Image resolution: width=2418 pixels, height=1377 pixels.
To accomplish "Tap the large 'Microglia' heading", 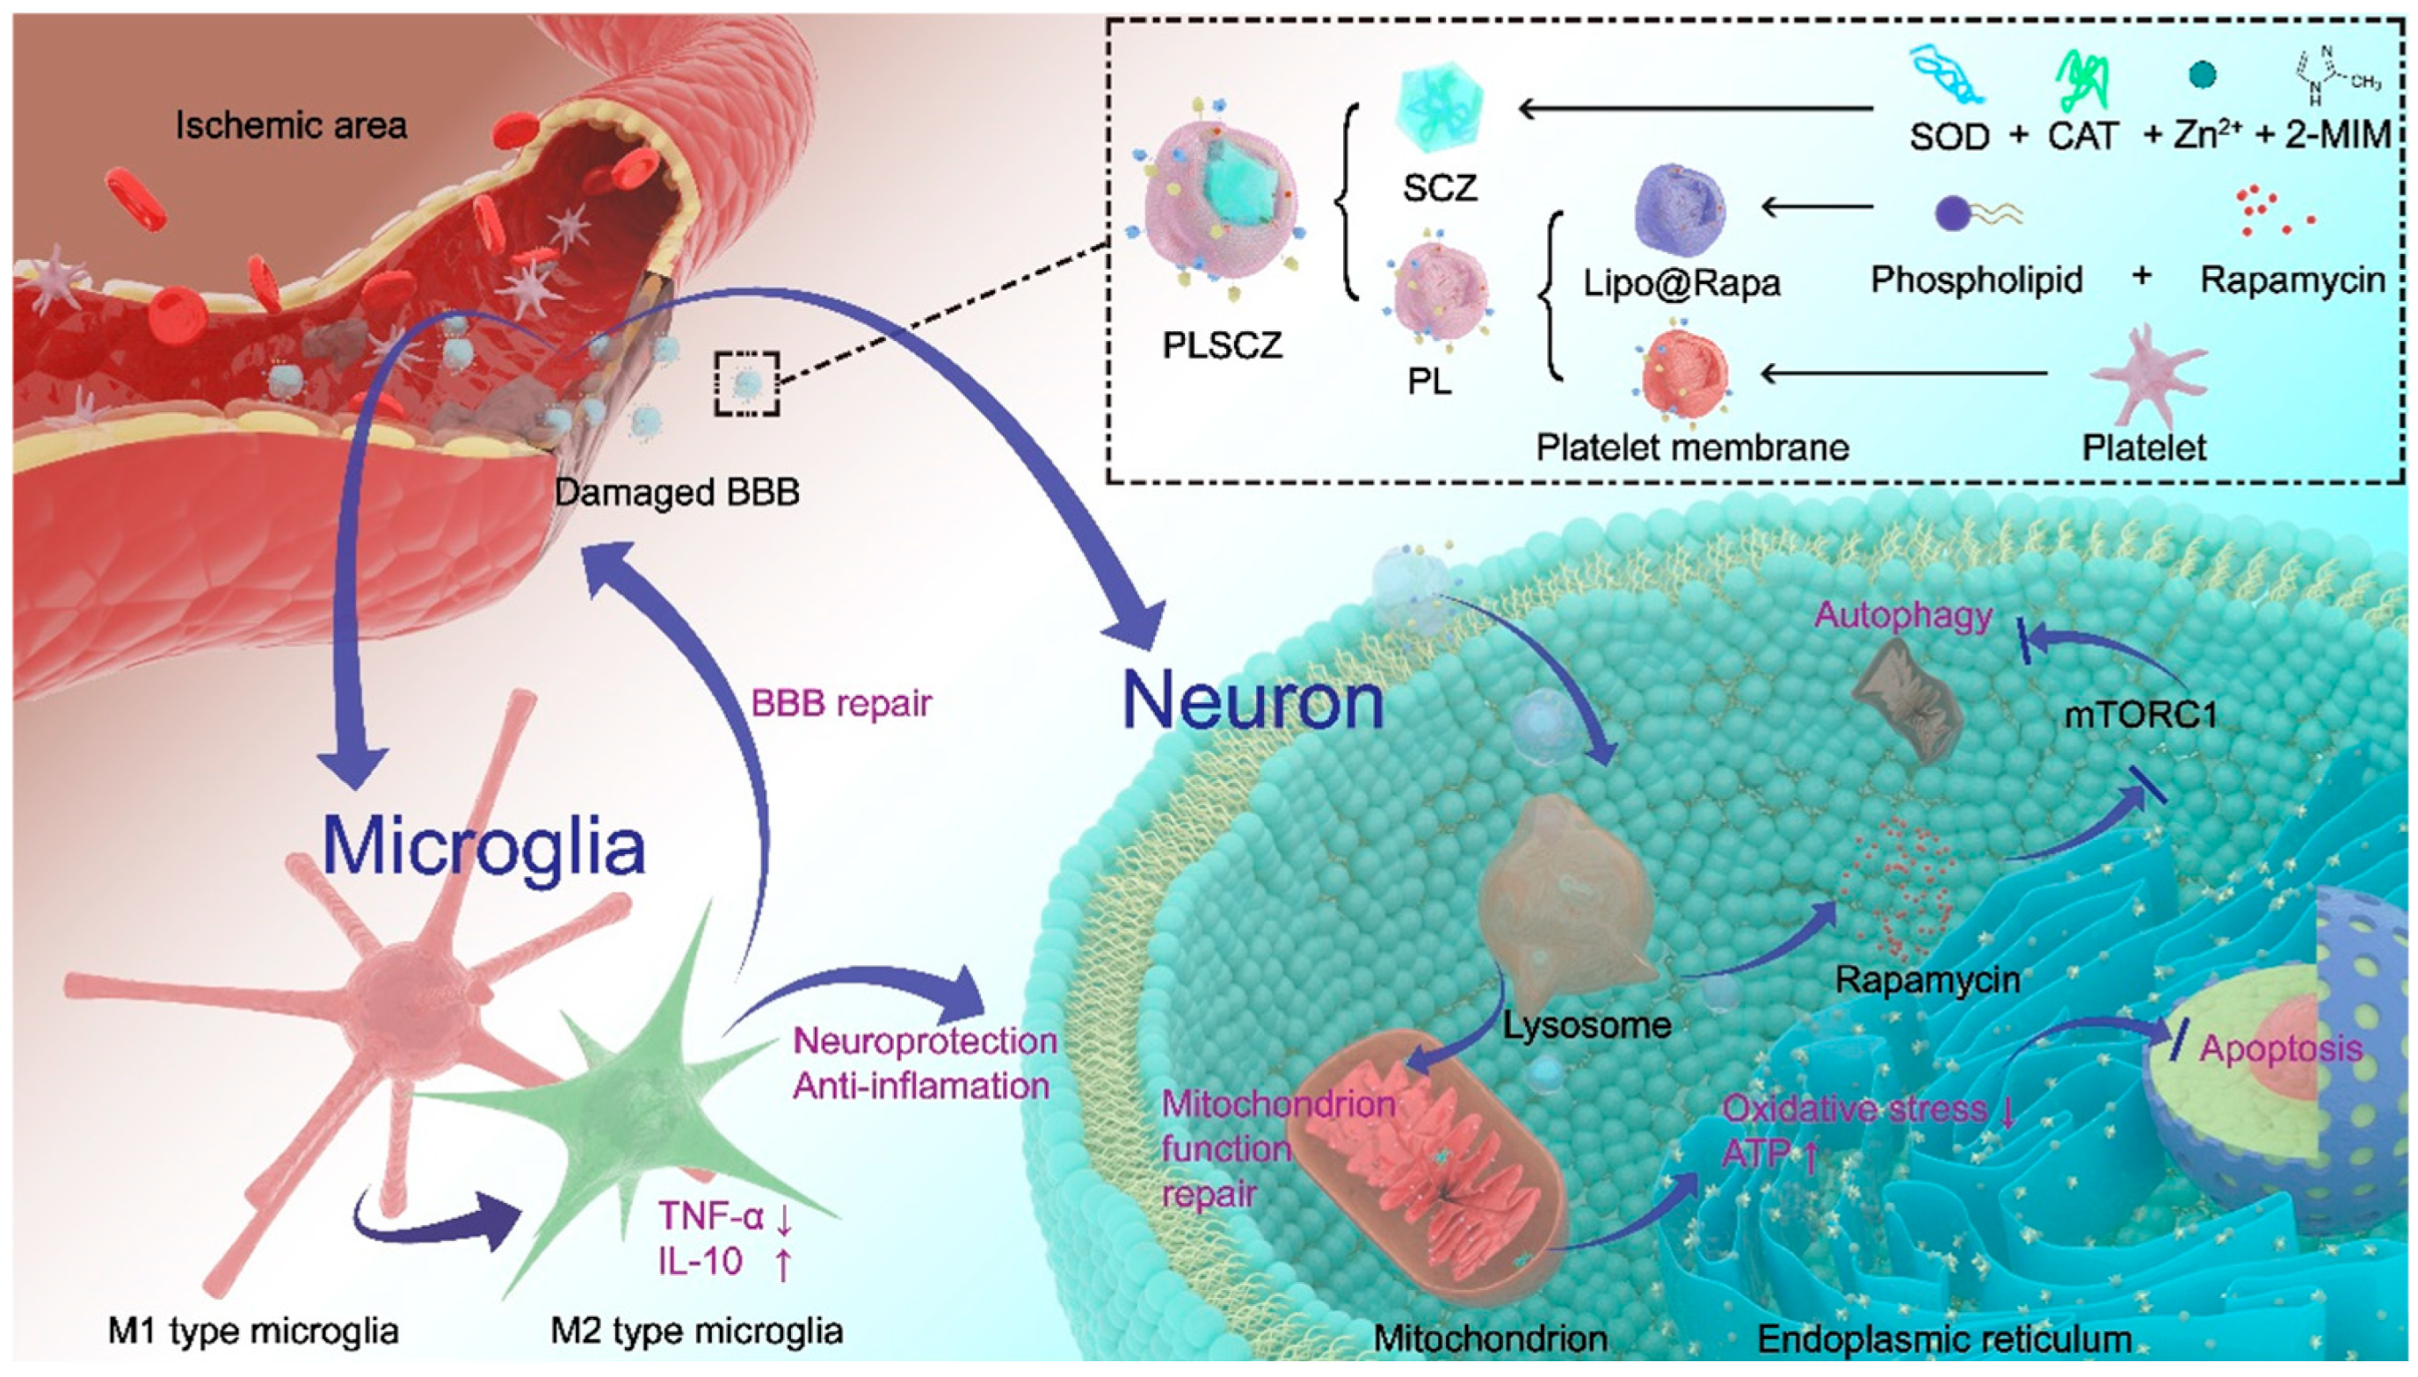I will (x=483, y=844).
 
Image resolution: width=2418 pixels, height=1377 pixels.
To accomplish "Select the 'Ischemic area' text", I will (x=290, y=125).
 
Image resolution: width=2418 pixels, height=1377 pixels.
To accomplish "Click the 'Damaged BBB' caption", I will (x=676, y=492).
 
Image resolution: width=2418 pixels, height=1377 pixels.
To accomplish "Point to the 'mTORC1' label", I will (x=2139, y=714).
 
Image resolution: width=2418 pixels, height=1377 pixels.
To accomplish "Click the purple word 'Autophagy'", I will (x=1903, y=616).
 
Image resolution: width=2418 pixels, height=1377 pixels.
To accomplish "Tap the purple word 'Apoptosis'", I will (x=2281, y=1047).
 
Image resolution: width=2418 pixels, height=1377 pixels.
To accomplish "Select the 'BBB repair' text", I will (x=840, y=703).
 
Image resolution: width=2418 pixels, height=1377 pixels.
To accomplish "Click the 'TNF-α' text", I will (x=711, y=1216).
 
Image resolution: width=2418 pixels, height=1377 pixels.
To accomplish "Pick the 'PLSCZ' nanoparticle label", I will (x=1222, y=345).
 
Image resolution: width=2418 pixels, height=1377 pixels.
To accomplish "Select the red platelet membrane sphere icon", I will (x=1684, y=377).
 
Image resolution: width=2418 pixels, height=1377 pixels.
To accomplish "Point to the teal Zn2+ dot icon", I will (x=2203, y=74).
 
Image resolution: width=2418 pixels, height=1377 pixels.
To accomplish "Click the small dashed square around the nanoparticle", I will (x=747, y=383).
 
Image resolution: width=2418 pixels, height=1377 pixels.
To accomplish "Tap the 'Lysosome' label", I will (x=1587, y=1026).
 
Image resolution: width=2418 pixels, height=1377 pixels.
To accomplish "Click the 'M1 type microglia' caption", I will (x=252, y=1331).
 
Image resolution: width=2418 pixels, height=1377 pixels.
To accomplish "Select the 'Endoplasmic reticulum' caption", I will (x=1944, y=1339).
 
